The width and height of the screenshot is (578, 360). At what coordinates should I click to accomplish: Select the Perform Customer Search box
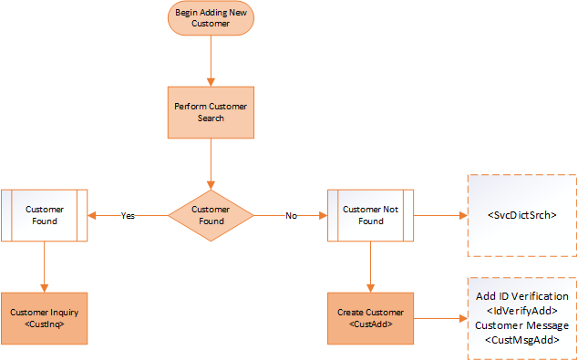(x=211, y=112)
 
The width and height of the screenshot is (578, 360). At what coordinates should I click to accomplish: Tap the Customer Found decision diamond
(x=211, y=216)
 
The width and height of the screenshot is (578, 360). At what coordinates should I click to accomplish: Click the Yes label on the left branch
(x=128, y=216)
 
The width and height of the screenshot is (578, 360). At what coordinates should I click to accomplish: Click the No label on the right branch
(x=291, y=216)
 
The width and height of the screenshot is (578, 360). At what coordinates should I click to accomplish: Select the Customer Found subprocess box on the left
(x=45, y=215)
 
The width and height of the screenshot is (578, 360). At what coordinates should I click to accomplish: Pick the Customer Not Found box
(x=370, y=215)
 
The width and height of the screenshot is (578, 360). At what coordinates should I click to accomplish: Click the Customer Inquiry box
(x=45, y=319)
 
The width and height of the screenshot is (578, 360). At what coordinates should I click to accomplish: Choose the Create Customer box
(x=370, y=319)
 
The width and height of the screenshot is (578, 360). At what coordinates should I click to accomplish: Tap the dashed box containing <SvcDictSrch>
(x=522, y=215)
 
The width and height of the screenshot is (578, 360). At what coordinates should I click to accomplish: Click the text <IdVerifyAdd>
(x=522, y=312)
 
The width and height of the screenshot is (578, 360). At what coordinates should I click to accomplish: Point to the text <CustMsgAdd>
(x=522, y=341)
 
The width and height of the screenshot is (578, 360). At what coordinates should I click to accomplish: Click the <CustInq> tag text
(x=45, y=325)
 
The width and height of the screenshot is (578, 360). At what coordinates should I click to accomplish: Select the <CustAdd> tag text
(x=370, y=325)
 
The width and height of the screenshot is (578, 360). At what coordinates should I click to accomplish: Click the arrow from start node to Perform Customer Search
(x=211, y=61)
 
